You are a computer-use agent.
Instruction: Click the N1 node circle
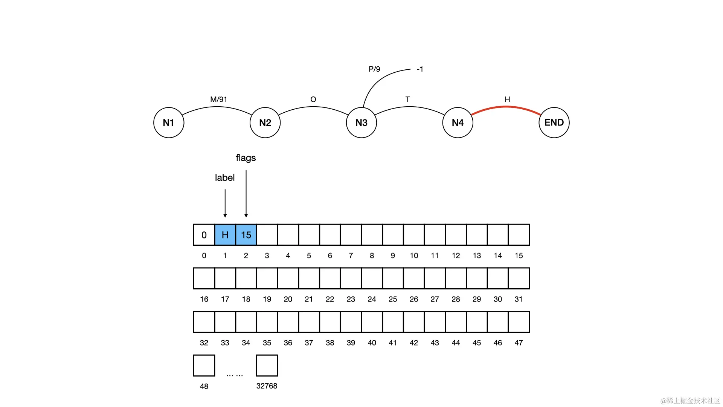[x=169, y=122]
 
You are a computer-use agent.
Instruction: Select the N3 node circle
[x=361, y=122]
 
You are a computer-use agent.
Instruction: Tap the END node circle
[x=554, y=122]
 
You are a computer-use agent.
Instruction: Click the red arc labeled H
[x=506, y=107]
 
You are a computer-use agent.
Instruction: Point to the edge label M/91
[x=219, y=99]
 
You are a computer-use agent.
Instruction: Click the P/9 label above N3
[x=374, y=69]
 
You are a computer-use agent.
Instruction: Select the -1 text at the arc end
[x=420, y=69]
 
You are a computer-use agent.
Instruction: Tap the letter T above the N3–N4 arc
[x=407, y=99]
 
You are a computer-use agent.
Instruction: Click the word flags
[x=246, y=158]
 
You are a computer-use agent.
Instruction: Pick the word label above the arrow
[x=225, y=177]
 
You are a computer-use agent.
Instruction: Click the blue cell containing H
[x=225, y=235]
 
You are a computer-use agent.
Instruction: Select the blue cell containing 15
[x=246, y=235]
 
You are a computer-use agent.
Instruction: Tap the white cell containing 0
[x=204, y=235]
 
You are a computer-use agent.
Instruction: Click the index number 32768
[x=267, y=386]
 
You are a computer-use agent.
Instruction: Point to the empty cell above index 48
[x=204, y=365]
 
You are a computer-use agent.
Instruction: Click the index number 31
[x=519, y=299]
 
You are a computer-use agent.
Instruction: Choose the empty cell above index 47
[x=519, y=322]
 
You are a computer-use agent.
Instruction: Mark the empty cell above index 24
[x=372, y=278]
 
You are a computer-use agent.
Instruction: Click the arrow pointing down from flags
[x=246, y=194]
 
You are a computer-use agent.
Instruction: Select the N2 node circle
[x=265, y=122]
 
